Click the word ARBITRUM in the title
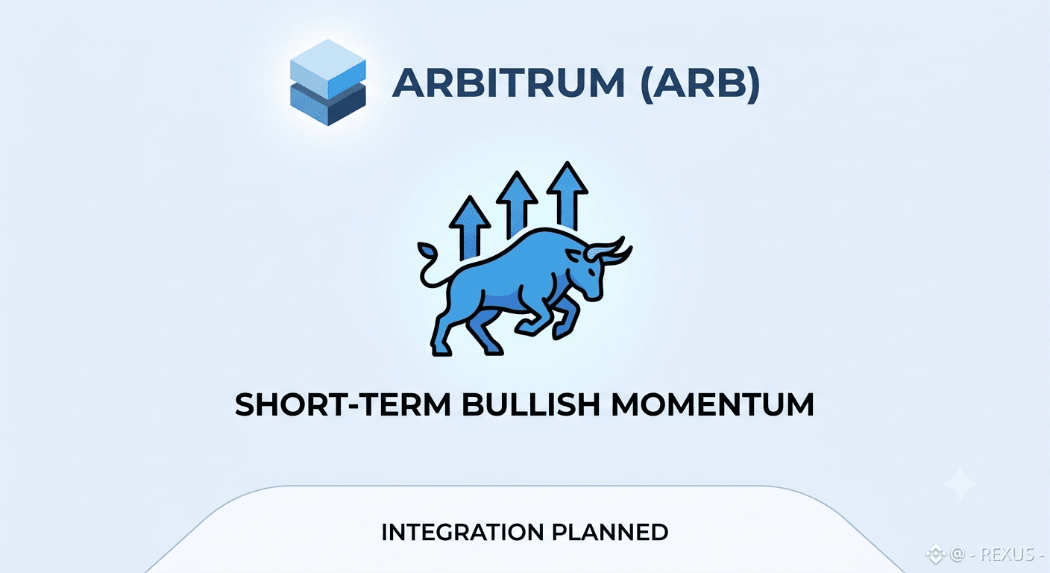[x=508, y=83]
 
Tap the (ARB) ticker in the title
[x=700, y=83]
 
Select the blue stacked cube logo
[x=327, y=83]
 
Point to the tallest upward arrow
[x=568, y=195]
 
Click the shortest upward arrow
[x=470, y=228]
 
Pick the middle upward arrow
[x=517, y=204]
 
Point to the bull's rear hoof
[x=441, y=349]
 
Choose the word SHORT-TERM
[x=342, y=404]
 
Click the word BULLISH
[x=531, y=404]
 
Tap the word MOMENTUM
[x=712, y=404]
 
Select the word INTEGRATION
[x=462, y=532]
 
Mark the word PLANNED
[x=610, y=532]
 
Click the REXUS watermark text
[x=1007, y=554]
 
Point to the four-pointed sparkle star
[x=960, y=483]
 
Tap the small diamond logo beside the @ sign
[x=935, y=554]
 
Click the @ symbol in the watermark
[x=957, y=554]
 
